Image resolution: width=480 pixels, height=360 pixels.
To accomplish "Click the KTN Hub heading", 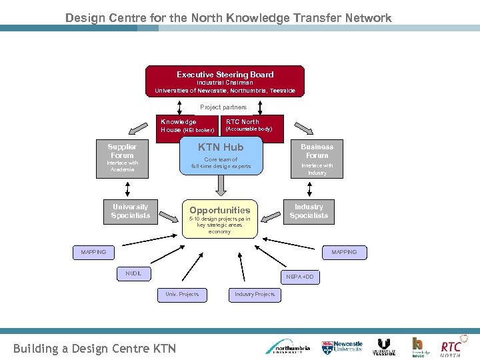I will click(221, 147).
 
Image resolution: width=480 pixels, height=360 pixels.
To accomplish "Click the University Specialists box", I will click(131, 211).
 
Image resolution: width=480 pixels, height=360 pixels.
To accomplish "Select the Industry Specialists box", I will click(309, 211).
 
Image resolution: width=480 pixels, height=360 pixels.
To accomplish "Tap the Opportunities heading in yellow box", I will click(219, 210).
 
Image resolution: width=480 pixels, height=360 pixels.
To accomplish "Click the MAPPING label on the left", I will click(93, 252).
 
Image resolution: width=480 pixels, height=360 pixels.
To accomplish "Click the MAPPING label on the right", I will click(344, 252).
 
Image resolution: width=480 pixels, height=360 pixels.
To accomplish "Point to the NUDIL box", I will click(133, 273).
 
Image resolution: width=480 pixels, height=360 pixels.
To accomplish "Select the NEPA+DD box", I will click(299, 276).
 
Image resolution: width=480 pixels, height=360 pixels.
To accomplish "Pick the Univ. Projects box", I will click(182, 294).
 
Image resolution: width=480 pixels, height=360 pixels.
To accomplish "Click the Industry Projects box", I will click(255, 294).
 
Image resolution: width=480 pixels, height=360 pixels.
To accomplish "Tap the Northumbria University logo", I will click(288, 347).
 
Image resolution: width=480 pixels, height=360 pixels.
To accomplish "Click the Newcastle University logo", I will click(343, 347).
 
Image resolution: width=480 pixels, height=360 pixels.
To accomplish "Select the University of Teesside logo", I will click(384, 347).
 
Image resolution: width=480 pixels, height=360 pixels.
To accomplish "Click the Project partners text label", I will click(223, 107).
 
